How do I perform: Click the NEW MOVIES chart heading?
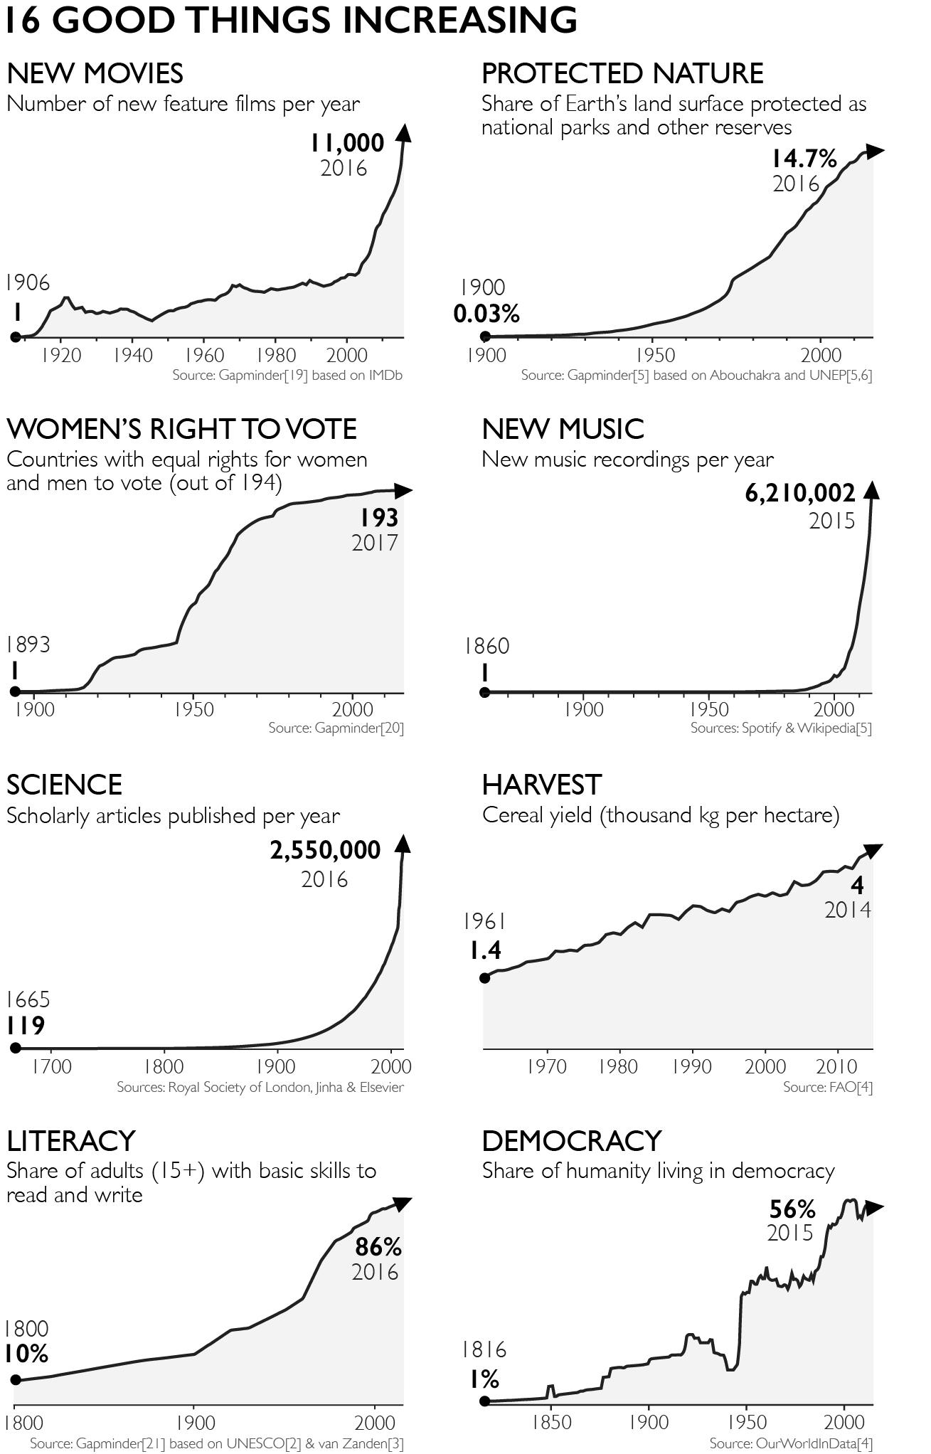pos(95,73)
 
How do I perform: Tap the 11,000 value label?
pos(346,143)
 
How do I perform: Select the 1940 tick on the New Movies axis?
pos(133,355)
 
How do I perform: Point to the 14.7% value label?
pos(804,159)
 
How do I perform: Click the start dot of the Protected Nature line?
pos(485,336)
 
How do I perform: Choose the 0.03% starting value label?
pos(486,313)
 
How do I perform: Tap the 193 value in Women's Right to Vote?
pos(378,517)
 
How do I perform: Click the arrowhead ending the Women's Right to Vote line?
pos(403,491)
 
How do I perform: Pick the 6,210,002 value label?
pos(800,493)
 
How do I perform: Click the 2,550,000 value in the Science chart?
pos(325,850)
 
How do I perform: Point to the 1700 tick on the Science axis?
pos(51,1067)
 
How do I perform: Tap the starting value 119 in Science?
pos(26,1026)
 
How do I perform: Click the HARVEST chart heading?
pos(541,785)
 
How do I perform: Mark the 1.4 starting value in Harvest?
pos(486,950)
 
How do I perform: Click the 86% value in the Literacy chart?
pos(378,1247)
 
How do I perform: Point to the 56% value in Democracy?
pos(792,1209)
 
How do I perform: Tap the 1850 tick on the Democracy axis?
pos(551,1422)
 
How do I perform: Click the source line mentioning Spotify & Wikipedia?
pos(780,728)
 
